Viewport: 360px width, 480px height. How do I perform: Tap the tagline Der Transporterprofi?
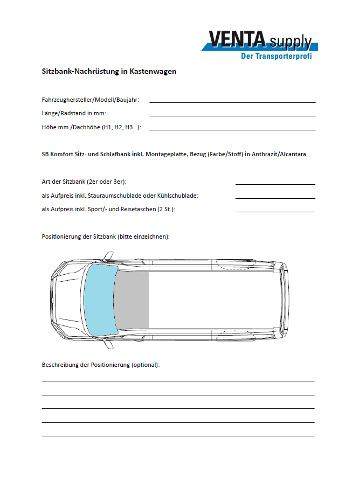click(x=276, y=55)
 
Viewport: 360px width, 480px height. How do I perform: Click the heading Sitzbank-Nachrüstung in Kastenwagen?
click(x=109, y=71)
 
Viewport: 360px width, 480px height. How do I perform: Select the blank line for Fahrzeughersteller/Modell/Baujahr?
click(x=232, y=102)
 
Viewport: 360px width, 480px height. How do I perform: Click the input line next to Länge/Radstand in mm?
click(x=232, y=116)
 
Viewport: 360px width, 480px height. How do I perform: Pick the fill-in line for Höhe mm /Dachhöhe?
click(x=232, y=130)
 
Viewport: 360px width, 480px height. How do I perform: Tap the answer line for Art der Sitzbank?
click(x=275, y=184)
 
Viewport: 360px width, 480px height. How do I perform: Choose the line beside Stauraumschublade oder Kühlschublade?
click(x=275, y=198)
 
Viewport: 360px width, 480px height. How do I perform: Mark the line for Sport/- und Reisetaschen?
click(x=275, y=212)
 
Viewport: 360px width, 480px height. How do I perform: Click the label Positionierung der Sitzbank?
click(x=106, y=237)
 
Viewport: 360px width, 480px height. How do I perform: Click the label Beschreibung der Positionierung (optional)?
click(x=101, y=365)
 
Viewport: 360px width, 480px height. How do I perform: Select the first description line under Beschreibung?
click(x=178, y=381)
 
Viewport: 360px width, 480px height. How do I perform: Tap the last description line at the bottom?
click(x=178, y=436)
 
